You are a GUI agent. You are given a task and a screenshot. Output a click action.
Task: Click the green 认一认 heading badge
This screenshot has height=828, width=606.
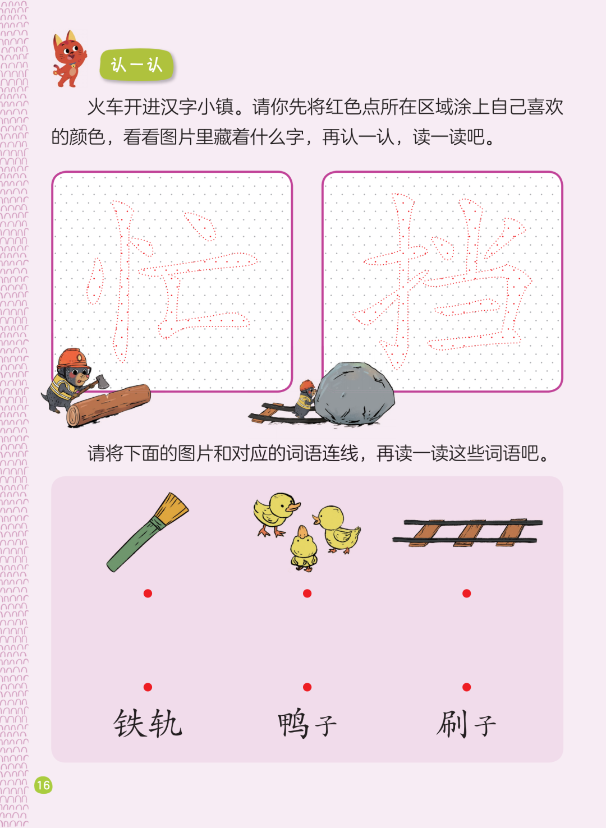(x=136, y=65)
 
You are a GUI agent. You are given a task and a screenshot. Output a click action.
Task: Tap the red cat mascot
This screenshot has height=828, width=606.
(x=70, y=59)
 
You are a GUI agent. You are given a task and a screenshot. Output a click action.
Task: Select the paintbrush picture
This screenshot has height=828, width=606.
(x=148, y=532)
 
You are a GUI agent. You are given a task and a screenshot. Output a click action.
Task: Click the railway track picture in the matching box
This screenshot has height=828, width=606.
(x=467, y=532)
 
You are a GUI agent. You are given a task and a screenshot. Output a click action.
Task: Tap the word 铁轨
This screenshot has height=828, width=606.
(x=148, y=724)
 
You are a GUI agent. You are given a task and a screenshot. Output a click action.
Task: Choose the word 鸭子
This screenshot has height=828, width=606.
(x=307, y=724)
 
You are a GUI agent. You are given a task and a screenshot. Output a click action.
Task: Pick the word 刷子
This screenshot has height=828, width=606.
(x=466, y=724)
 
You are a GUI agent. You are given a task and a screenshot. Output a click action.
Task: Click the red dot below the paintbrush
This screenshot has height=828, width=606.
(x=148, y=594)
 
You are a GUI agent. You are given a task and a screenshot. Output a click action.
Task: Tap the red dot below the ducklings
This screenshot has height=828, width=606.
(x=307, y=594)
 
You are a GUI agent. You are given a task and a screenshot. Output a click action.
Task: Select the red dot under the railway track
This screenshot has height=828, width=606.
(x=467, y=594)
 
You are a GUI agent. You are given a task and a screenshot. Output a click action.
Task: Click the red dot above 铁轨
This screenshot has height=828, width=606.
(x=148, y=687)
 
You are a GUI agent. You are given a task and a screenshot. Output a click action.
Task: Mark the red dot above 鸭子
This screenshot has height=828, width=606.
(x=307, y=687)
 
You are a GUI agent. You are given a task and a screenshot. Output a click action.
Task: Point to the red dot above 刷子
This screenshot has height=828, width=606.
(x=467, y=687)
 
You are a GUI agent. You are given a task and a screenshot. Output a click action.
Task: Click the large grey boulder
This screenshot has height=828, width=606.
(x=354, y=394)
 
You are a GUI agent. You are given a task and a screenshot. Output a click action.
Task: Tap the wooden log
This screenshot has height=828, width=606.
(x=108, y=406)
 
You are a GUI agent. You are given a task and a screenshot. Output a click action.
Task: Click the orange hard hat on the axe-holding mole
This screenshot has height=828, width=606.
(x=73, y=358)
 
